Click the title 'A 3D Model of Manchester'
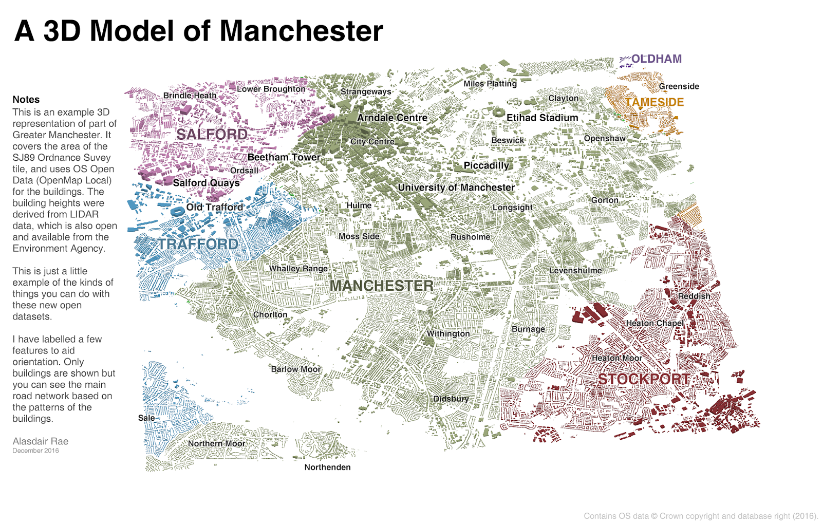[x=199, y=31]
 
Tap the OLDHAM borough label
[x=656, y=59]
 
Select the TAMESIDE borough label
[x=654, y=102]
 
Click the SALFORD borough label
[x=212, y=135]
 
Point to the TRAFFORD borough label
[x=198, y=244]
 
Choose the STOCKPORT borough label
[x=644, y=379]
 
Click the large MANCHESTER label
[x=381, y=286]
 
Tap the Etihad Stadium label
[x=542, y=118]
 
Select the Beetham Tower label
[x=284, y=157]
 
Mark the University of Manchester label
[x=456, y=188]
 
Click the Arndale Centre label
[x=392, y=118]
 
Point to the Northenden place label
[x=327, y=467]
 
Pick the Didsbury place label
[x=451, y=399]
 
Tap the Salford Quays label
[x=206, y=183]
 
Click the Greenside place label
[x=679, y=86]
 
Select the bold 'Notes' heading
[x=26, y=100]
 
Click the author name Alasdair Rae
[x=40, y=441]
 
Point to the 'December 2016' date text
[x=35, y=451]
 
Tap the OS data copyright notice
[x=701, y=516]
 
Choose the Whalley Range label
[x=298, y=269]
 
